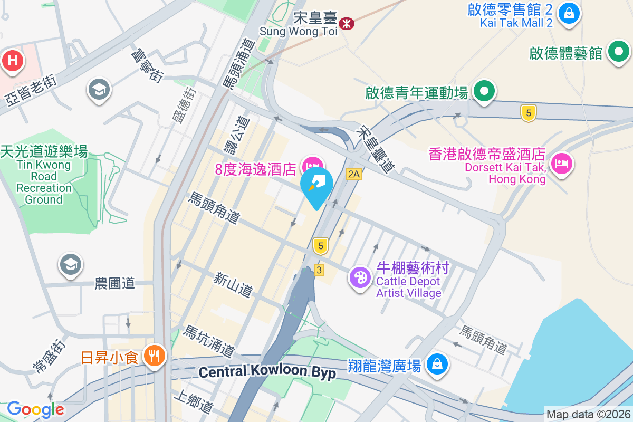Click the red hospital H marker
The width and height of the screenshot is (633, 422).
13,61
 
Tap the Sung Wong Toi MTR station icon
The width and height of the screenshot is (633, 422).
347,23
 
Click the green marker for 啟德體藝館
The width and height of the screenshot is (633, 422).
619,52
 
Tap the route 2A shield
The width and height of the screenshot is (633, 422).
354,174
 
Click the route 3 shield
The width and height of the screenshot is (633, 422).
319,269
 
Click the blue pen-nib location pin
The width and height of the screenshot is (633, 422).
316,185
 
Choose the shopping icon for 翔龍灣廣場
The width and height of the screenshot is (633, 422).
437,363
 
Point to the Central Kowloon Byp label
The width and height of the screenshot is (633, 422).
267,372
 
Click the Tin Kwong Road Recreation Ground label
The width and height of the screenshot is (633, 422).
44,175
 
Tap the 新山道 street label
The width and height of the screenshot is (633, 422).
233,283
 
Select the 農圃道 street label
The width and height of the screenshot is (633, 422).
115,283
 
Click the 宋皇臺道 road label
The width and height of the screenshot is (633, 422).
375,149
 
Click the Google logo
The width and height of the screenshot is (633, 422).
35,409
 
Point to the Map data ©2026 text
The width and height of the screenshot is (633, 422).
588,415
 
